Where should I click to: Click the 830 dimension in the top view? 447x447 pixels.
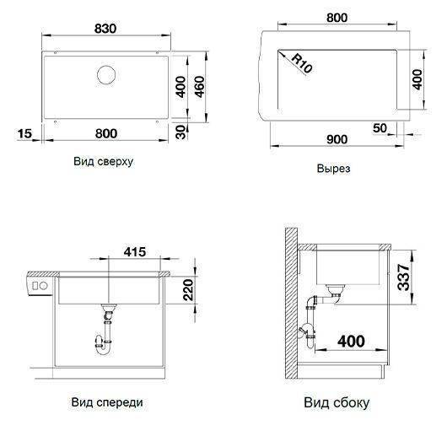(x=105, y=29)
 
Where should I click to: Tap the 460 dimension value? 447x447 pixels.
(x=200, y=87)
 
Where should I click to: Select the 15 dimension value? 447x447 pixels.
(x=24, y=133)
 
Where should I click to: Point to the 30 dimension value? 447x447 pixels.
(x=181, y=132)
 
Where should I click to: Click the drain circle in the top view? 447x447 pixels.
(x=106, y=75)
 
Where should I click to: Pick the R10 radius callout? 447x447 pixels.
(x=302, y=63)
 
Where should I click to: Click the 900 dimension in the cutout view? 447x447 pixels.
(x=337, y=139)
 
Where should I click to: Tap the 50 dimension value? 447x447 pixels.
(x=380, y=128)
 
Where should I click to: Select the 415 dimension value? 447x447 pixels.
(x=135, y=251)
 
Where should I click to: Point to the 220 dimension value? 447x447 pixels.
(x=188, y=290)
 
